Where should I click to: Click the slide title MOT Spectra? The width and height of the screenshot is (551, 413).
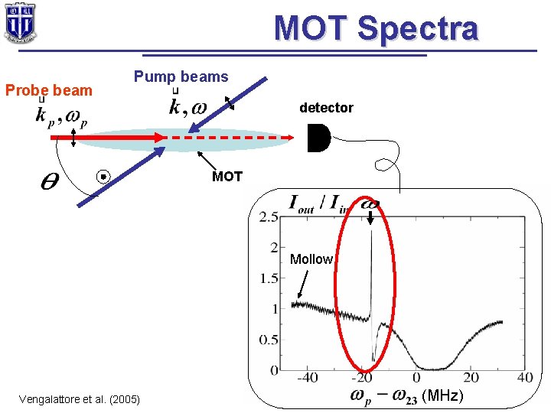[376, 28]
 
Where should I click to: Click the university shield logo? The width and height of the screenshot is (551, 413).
[19, 23]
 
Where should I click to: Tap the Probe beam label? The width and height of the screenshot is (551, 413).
[48, 90]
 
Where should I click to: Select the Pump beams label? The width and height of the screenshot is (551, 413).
[181, 76]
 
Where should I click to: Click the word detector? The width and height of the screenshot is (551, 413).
[326, 108]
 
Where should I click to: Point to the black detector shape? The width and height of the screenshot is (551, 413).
[318, 138]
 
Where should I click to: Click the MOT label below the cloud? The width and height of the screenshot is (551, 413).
[227, 177]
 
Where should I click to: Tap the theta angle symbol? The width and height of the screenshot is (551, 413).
[47, 181]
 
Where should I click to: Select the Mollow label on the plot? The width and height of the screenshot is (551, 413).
[311, 259]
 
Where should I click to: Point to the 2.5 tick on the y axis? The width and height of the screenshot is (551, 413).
[268, 218]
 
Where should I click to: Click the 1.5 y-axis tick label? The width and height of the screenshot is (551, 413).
[268, 279]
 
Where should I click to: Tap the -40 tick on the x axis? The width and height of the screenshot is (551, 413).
[307, 378]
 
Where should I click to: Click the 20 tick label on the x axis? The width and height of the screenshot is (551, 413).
[471, 378]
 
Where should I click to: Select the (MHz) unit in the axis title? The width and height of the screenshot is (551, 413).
[443, 395]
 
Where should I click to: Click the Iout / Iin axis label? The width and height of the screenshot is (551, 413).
[317, 204]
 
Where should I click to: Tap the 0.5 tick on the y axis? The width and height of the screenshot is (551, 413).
[268, 340]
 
